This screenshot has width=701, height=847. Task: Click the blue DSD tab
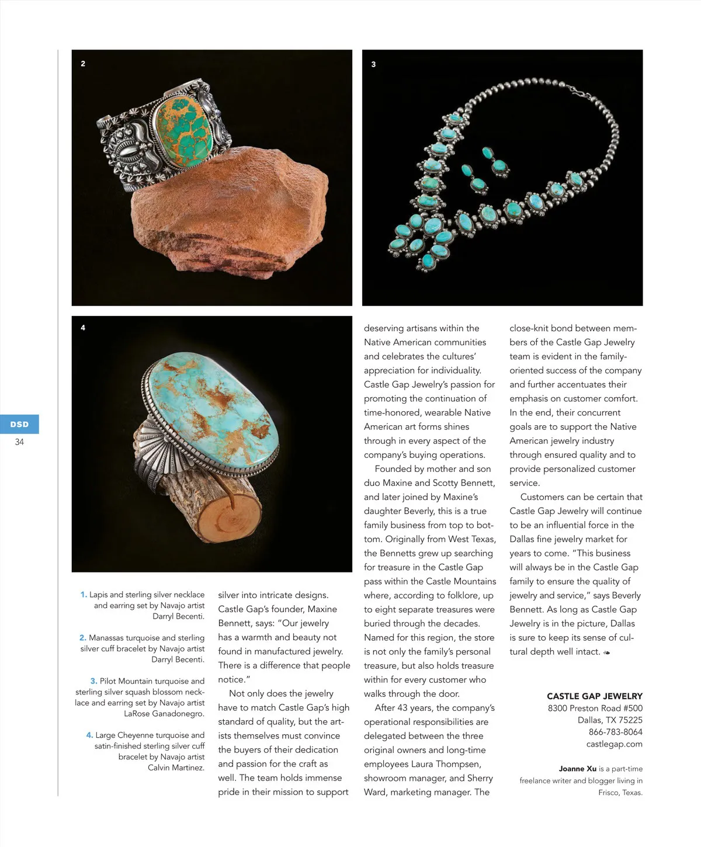click(19, 424)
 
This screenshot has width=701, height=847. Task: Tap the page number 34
click(19, 442)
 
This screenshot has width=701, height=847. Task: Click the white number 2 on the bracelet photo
click(83, 64)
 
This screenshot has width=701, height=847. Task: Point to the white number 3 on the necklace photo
click(373, 64)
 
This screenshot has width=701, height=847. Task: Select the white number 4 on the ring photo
click(83, 328)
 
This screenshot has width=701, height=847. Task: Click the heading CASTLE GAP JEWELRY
click(594, 696)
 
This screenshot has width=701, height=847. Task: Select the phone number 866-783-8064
click(615, 732)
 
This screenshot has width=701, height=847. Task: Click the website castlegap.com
click(614, 744)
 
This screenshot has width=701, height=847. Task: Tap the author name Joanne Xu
click(577, 769)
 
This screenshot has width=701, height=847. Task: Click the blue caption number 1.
click(84, 595)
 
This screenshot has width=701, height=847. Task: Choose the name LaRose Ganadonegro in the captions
click(164, 714)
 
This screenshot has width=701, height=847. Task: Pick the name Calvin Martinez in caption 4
click(176, 768)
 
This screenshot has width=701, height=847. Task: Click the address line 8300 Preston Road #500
click(595, 708)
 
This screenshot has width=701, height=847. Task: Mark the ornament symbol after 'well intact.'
click(607, 652)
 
